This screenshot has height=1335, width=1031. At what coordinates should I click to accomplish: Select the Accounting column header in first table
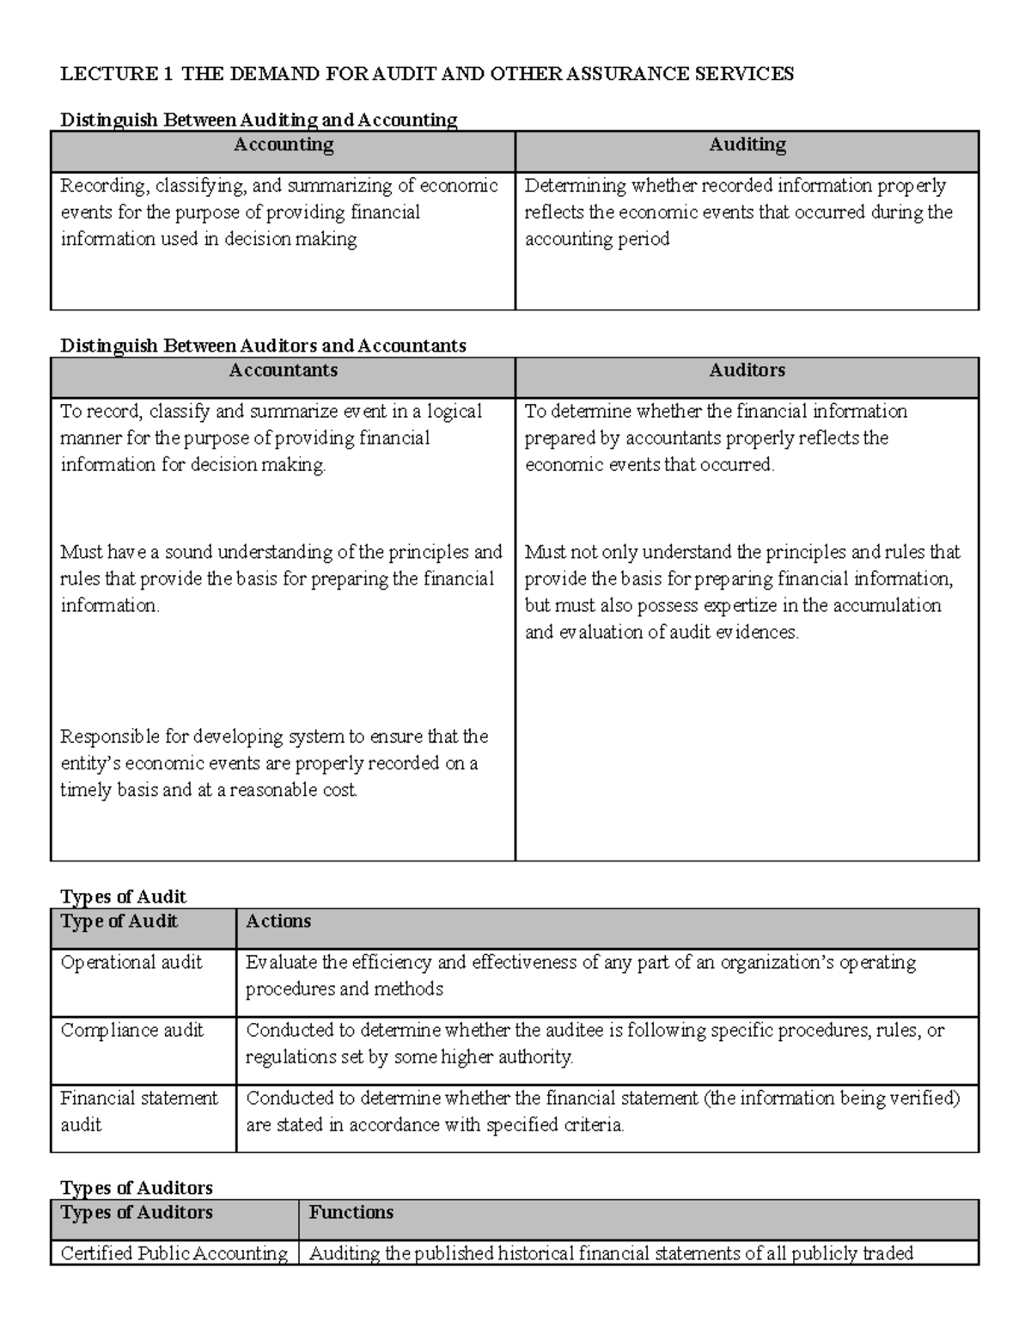tap(284, 145)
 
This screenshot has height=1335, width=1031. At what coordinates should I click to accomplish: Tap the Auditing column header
tap(747, 145)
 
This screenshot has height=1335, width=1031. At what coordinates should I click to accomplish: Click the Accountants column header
tap(284, 371)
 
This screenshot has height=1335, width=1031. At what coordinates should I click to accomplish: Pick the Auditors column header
tap(747, 371)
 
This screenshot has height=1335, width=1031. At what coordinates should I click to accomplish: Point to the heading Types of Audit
tap(123, 897)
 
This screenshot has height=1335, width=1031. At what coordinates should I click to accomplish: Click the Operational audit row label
tap(131, 963)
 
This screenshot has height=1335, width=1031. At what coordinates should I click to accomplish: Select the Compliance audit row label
tap(132, 1031)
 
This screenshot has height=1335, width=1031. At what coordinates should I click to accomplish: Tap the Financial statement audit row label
tap(138, 1111)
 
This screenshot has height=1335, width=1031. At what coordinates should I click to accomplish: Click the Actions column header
tap(278, 922)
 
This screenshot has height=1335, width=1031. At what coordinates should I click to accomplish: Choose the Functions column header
tap(351, 1213)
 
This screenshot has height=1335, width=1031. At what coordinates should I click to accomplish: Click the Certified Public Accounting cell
tap(174, 1253)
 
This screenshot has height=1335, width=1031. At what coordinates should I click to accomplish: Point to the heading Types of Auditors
tap(137, 1188)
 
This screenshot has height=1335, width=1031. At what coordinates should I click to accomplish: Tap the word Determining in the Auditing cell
tap(576, 186)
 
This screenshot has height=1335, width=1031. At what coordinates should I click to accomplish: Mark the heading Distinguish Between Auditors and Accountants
tap(263, 346)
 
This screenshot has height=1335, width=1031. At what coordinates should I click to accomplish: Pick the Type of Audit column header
tap(119, 922)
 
